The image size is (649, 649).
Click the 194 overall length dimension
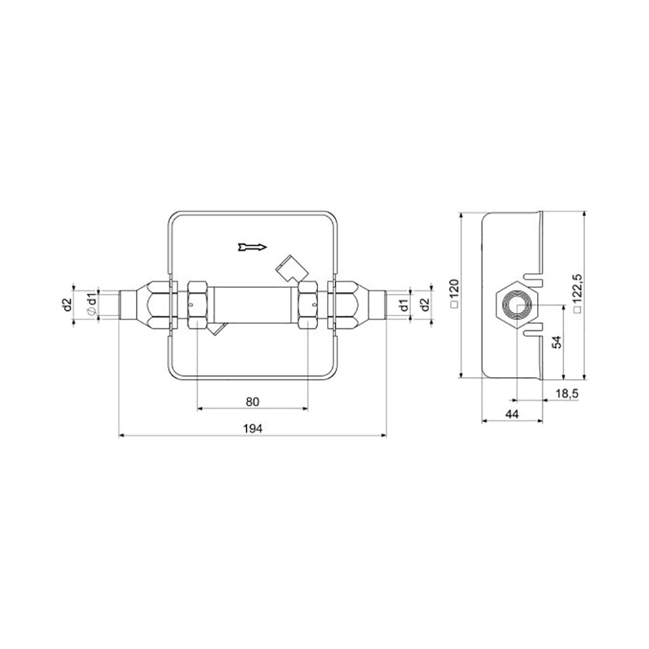click(x=252, y=428)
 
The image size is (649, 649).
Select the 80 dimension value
click(x=252, y=402)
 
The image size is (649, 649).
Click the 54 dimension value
click(x=558, y=342)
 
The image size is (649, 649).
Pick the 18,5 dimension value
click(x=567, y=394)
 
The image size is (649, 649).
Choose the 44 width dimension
click(x=512, y=413)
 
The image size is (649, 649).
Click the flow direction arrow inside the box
click(x=252, y=247)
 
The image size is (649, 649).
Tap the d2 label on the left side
click(x=68, y=305)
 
